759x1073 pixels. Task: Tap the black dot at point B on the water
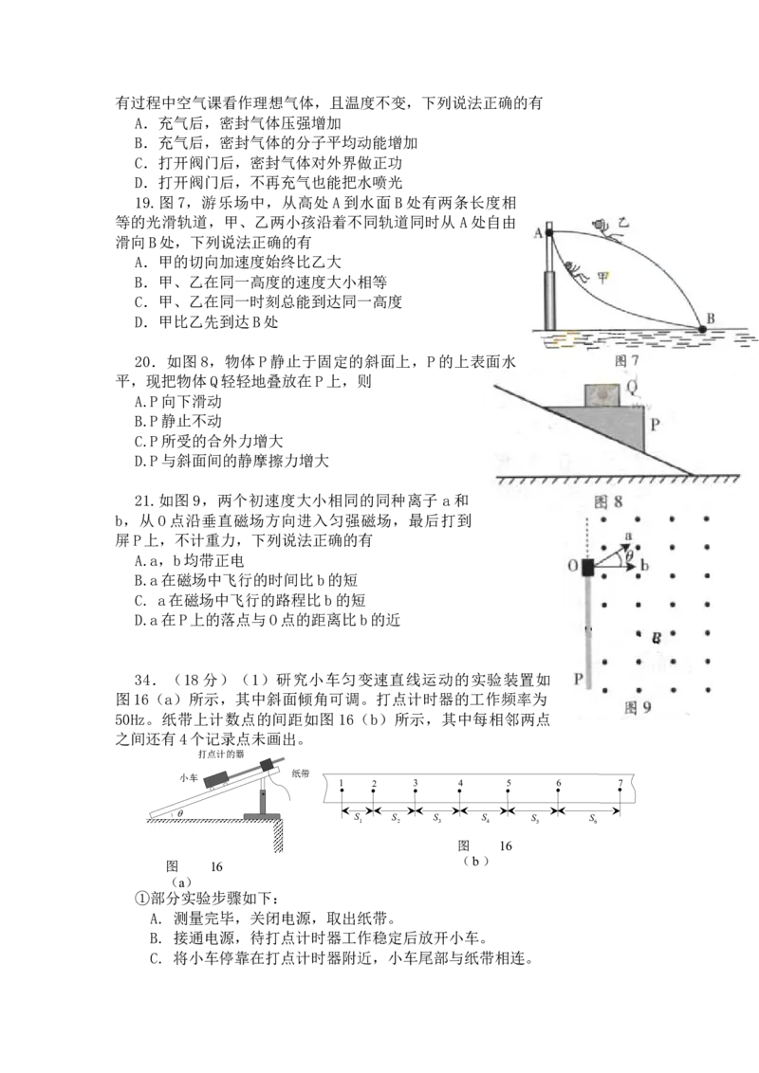pyautogui.click(x=702, y=329)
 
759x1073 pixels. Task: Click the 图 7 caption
pyautogui.click(x=627, y=360)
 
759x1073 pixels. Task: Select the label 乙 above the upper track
pyautogui.click(x=622, y=223)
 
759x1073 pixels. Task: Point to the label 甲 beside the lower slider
pyautogui.click(x=602, y=278)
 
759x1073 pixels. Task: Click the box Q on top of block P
pyautogui.click(x=602, y=395)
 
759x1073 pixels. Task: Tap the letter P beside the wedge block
pyautogui.click(x=655, y=425)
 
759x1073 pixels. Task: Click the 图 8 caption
pyautogui.click(x=608, y=501)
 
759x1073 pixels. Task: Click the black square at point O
pyautogui.click(x=587, y=567)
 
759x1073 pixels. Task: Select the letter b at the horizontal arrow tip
pyautogui.click(x=644, y=565)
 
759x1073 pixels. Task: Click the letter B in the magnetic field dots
pyautogui.click(x=657, y=639)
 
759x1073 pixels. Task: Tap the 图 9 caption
pyautogui.click(x=638, y=707)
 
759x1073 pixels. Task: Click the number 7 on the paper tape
pyautogui.click(x=620, y=783)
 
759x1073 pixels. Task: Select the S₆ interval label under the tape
pyautogui.click(x=593, y=818)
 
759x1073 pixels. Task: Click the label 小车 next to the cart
pyautogui.click(x=189, y=777)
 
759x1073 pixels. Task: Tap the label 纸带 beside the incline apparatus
pyautogui.click(x=300, y=773)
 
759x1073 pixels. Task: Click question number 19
pyautogui.click(x=144, y=203)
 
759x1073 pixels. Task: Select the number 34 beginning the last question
pyautogui.click(x=144, y=681)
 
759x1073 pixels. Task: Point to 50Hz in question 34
pyautogui.click(x=130, y=719)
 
